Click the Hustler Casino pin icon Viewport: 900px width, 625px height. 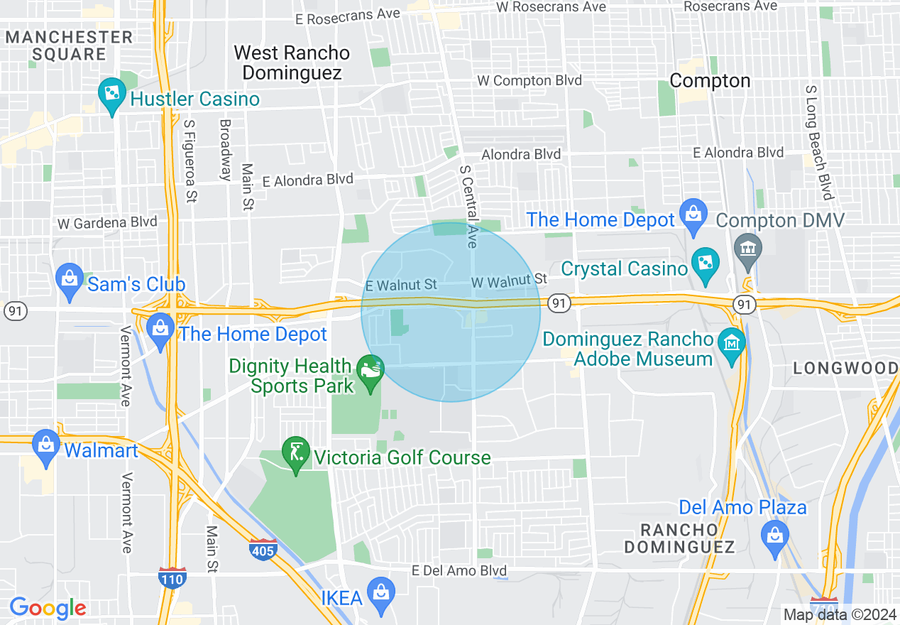point(111,95)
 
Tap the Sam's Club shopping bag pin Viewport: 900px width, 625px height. point(70,280)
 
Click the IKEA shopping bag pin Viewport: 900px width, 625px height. point(381,595)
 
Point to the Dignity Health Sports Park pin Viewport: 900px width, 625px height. point(370,371)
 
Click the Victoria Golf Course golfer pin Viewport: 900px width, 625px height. point(296,452)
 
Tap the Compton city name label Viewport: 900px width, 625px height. point(710,81)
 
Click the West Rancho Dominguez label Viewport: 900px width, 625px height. point(292,62)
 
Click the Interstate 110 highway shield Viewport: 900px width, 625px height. point(172,577)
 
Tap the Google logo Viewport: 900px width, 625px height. point(48,609)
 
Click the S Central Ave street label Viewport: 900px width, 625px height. point(468,207)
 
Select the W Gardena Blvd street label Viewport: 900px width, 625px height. point(107,222)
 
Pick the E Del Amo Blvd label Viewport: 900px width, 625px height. point(460,571)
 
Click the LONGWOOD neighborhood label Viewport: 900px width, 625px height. point(845,368)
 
